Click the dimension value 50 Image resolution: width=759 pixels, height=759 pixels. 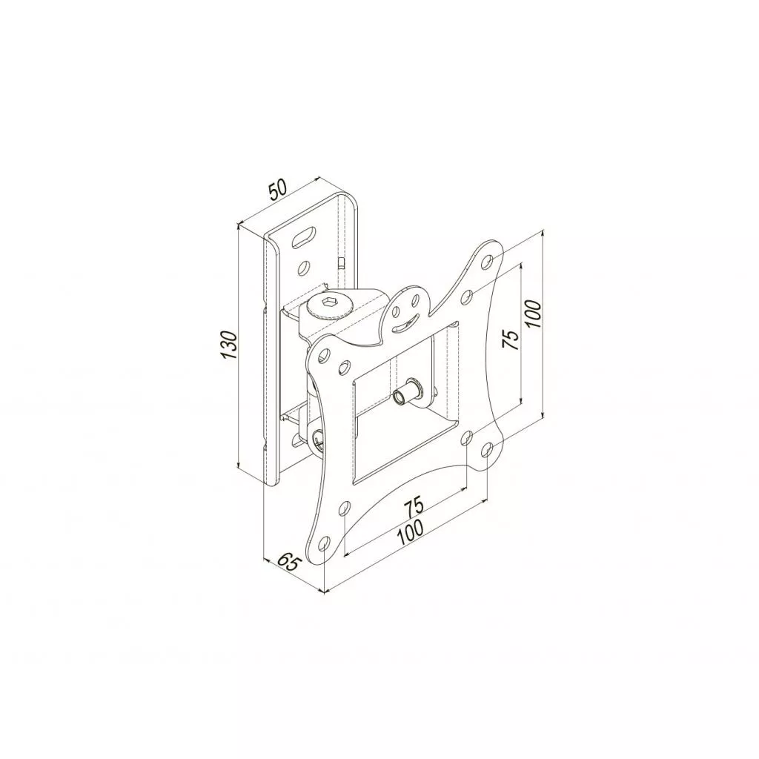coord(279,190)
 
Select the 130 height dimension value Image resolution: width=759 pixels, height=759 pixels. coord(228,345)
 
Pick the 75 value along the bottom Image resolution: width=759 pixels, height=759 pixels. coord(414,506)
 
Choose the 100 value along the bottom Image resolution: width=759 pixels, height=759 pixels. coord(409,534)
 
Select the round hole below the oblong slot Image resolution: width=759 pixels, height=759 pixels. coord(304,266)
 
